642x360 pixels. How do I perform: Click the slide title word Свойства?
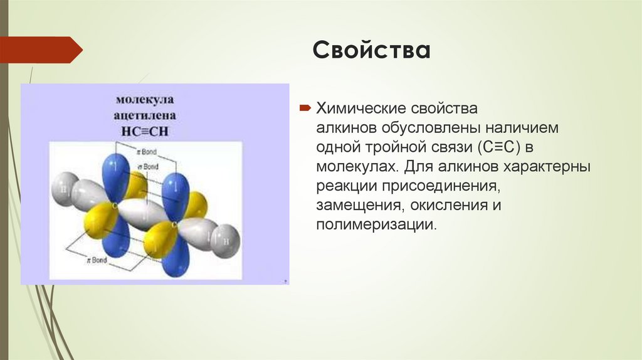(x=372, y=51)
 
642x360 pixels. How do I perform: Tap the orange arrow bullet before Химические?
(x=305, y=109)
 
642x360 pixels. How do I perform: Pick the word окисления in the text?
(x=450, y=206)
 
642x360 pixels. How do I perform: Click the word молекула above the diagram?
(x=144, y=100)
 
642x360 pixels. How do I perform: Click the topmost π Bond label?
(x=149, y=152)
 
